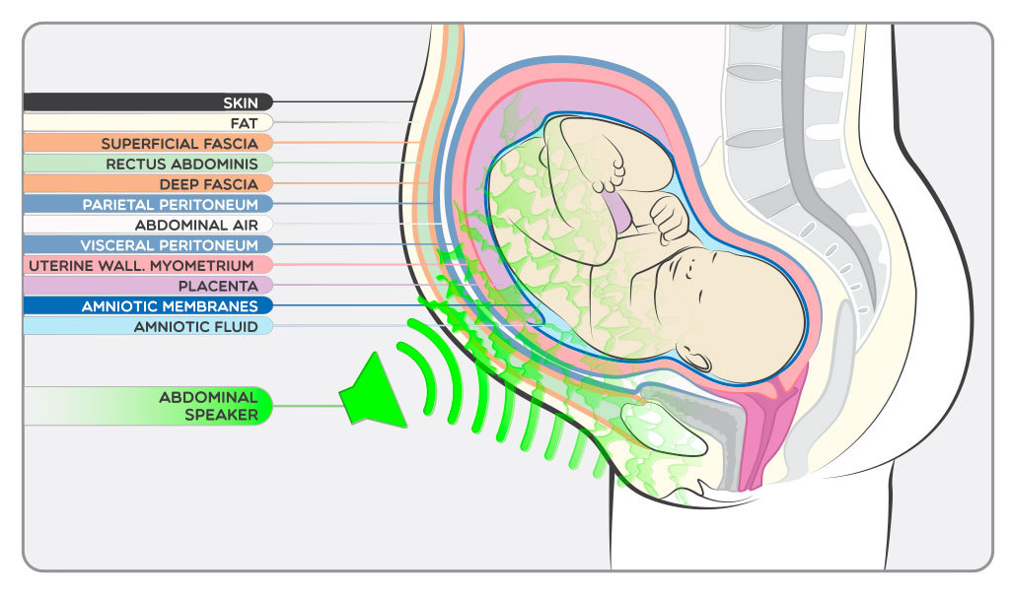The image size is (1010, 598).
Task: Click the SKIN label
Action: [x=239, y=102]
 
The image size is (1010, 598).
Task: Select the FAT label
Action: [x=244, y=123]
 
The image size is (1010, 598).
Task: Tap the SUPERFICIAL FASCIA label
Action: [x=180, y=144]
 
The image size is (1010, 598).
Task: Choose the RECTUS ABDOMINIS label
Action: [x=181, y=164]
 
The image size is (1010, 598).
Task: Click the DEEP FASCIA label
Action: [x=208, y=184]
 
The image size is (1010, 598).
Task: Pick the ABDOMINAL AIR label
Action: [x=196, y=225]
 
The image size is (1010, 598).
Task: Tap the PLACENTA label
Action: [x=218, y=286]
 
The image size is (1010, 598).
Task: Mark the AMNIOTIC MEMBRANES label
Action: [x=170, y=306]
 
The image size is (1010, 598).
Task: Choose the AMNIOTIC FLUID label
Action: [x=196, y=326]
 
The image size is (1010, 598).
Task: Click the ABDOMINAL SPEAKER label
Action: [x=208, y=406]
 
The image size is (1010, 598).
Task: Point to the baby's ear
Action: [x=696, y=357]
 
